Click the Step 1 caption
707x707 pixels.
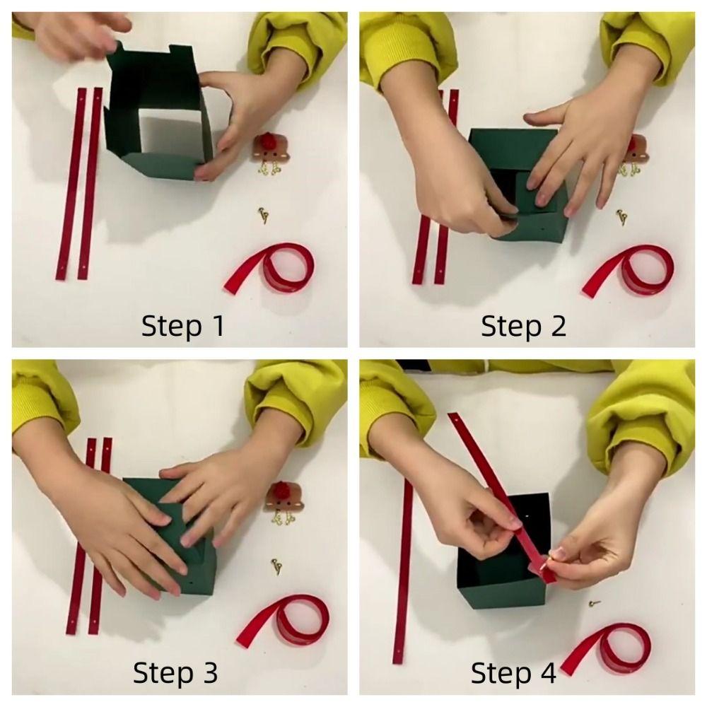pos(182,325)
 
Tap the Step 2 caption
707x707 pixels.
pos(523,325)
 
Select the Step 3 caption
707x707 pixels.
pos(175,673)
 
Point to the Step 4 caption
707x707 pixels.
pos(513,673)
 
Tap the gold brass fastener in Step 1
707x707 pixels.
pos(263,215)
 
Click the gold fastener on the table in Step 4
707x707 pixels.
pos(595,602)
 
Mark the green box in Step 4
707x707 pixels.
pos(503,551)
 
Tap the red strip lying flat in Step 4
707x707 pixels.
pos(402,571)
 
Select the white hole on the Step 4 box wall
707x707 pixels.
pos(526,514)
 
